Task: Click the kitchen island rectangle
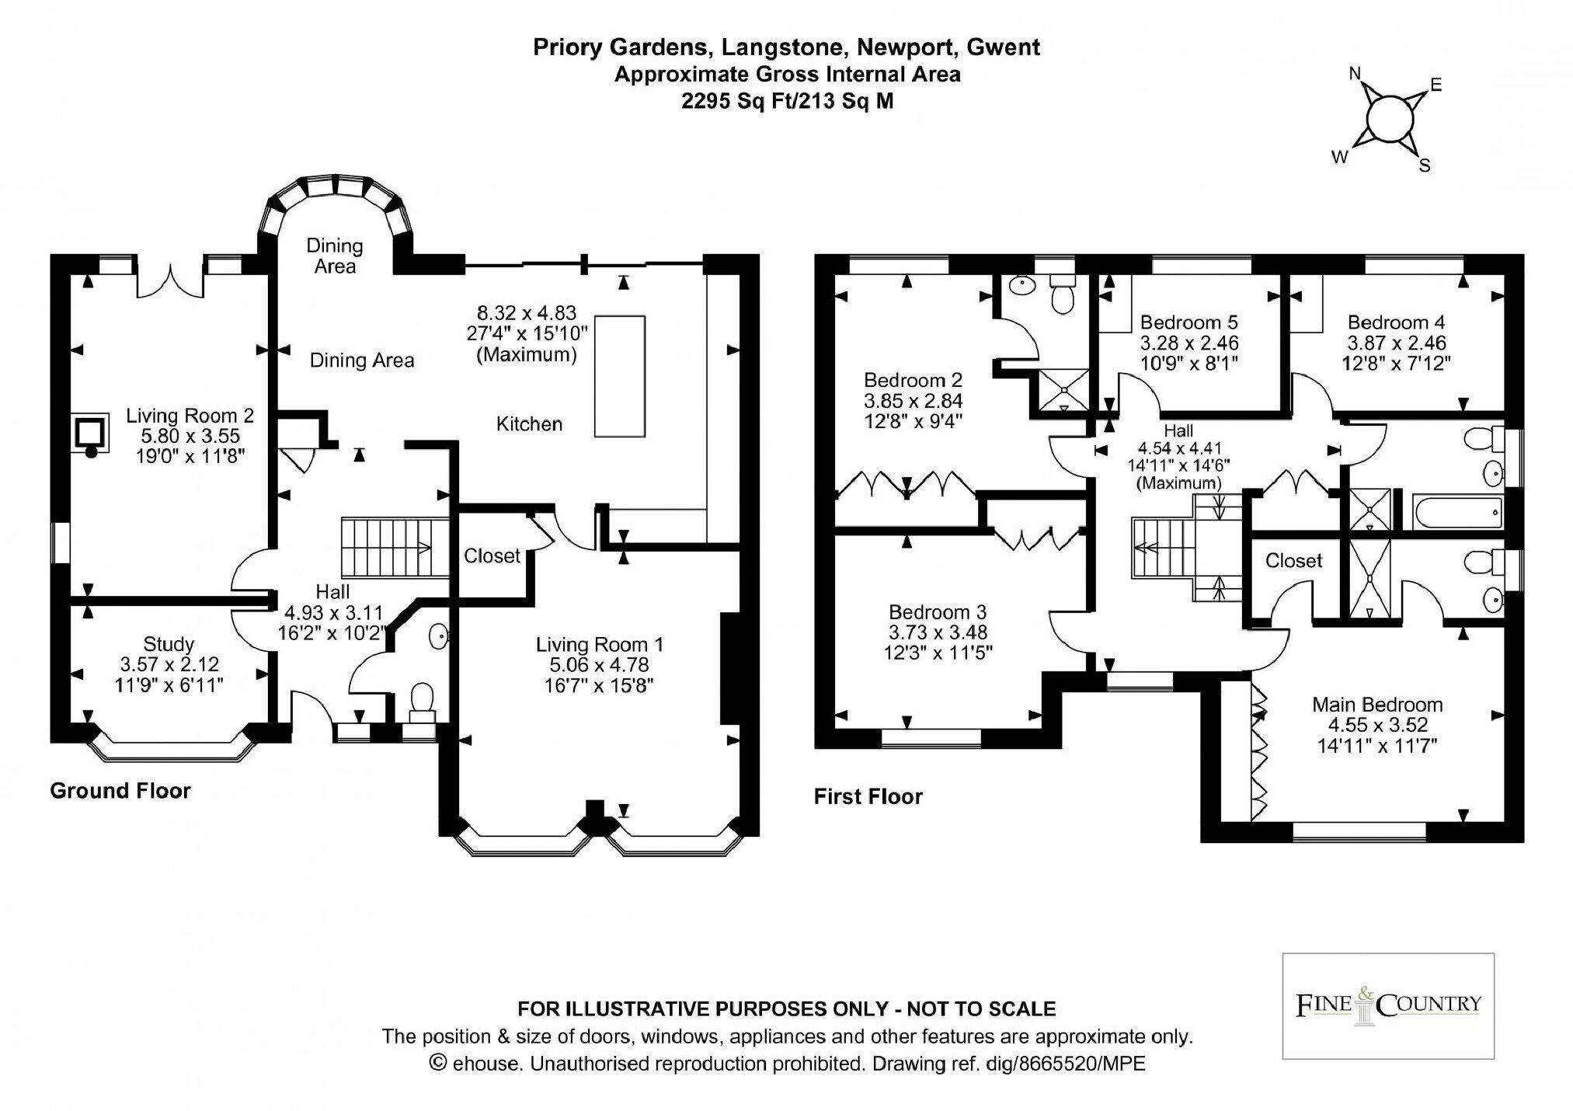(619, 376)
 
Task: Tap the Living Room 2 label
(190, 416)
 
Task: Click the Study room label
(169, 644)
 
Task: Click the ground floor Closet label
(492, 556)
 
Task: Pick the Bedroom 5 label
(1188, 322)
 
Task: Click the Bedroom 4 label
(1396, 322)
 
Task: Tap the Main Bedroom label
(1377, 705)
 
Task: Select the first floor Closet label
(1293, 561)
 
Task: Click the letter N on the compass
(1355, 74)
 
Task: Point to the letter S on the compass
(1425, 165)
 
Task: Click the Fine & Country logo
(1387, 1005)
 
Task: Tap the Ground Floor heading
(120, 791)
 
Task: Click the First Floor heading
(868, 796)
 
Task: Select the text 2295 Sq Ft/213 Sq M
(787, 101)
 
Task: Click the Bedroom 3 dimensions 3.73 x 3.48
(938, 633)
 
